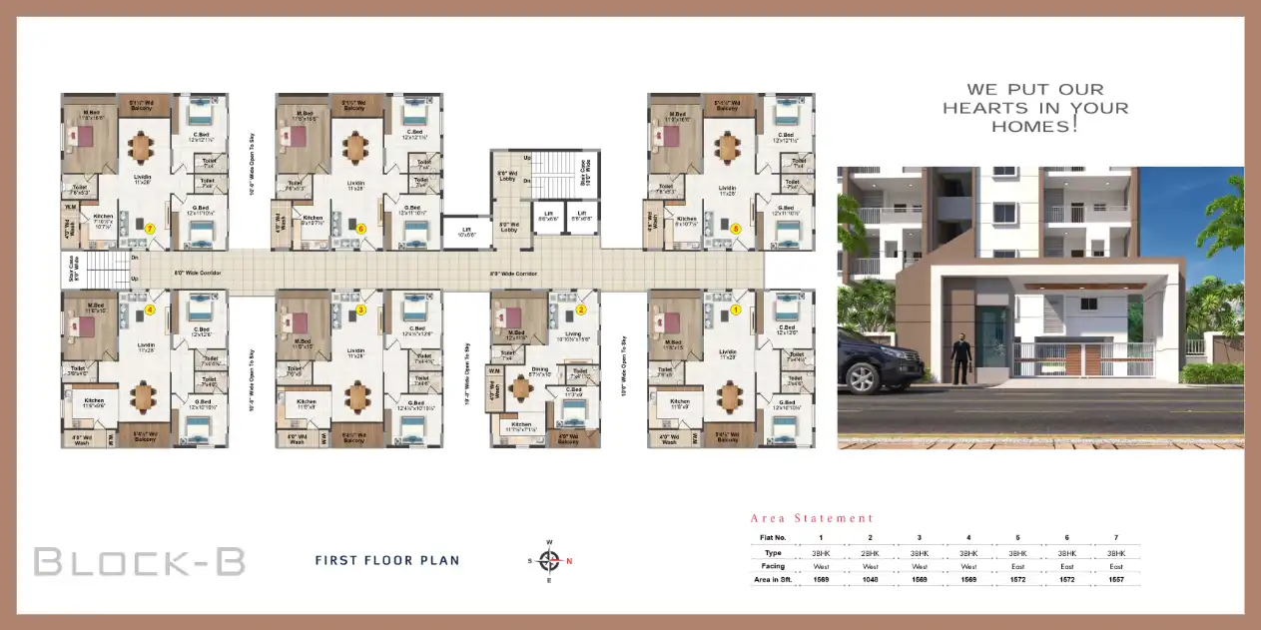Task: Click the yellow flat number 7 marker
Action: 150,229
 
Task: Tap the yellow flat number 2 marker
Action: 580,310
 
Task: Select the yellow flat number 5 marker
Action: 736,229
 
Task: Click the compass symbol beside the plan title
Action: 549,560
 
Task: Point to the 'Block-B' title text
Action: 140,561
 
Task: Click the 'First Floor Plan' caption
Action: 387,560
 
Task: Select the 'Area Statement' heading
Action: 812,518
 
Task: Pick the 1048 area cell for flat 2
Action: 870,579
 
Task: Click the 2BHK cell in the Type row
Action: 870,552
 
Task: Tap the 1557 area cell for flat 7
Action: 1115,579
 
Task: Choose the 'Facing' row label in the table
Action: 774,566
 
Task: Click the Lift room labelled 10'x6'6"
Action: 464,231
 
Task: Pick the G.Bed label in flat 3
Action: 416,403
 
